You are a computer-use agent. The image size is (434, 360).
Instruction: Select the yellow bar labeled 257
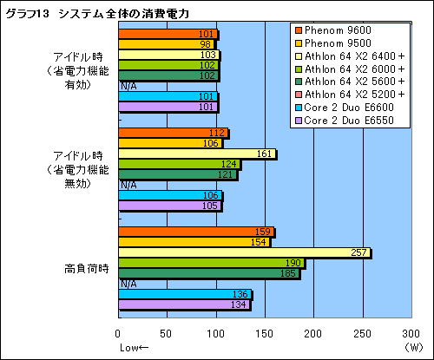pyautogui.click(x=243, y=252)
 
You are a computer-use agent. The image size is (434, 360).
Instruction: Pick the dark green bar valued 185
pyautogui.click(x=208, y=273)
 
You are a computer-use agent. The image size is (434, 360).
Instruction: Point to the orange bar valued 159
pyautogui.click(x=195, y=232)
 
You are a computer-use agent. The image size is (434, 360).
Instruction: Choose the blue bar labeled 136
pyautogui.click(x=184, y=294)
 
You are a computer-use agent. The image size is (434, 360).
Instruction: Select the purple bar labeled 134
pyautogui.click(x=183, y=304)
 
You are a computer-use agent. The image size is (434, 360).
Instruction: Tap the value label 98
pyautogui.click(x=206, y=44)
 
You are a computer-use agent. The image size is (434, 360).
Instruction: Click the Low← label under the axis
pyautogui.click(x=132, y=346)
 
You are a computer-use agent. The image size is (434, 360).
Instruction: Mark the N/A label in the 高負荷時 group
pyautogui.click(x=128, y=284)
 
